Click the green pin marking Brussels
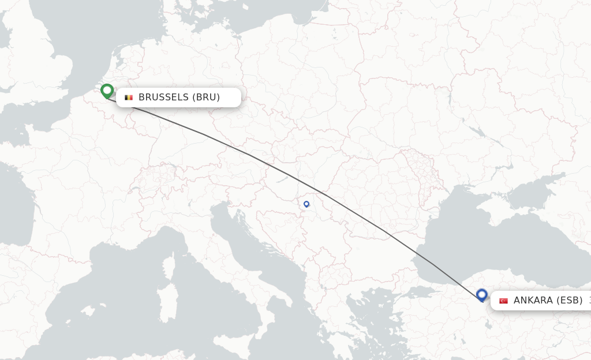[107, 91]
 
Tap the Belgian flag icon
[129, 97]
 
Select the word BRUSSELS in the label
[163, 97]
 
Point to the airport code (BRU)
[206, 97]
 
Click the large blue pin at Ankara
[482, 295]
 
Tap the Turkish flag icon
[503, 301]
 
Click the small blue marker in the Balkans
[306, 204]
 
